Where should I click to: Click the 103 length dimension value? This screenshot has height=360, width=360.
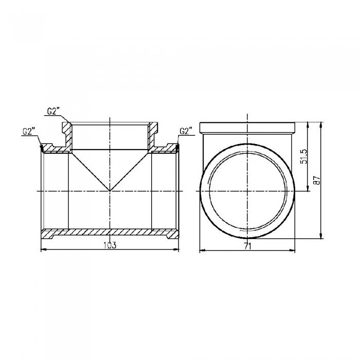110,245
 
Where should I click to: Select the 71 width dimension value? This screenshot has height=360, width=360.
248,246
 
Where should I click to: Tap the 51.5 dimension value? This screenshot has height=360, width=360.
303,156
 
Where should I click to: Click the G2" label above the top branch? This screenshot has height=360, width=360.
53,111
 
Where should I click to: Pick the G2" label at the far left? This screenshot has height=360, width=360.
29,131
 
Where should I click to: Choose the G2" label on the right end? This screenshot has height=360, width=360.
186,131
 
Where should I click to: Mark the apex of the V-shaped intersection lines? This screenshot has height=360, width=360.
110,191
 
